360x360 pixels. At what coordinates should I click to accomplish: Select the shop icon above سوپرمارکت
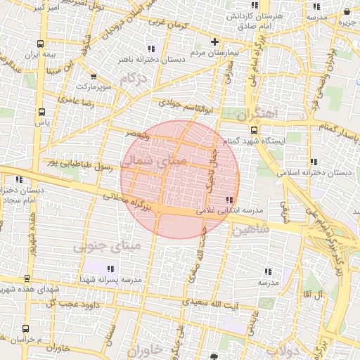click(x=94, y=77)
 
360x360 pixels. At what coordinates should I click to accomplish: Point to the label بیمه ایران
click(x=40, y=55)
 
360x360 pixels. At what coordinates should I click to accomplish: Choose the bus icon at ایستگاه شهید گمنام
click(x=254, y=130)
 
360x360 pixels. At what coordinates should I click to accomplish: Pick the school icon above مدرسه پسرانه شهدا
click(x=111, y=269)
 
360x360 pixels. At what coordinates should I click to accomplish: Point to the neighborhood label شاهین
click(x=250, y=229)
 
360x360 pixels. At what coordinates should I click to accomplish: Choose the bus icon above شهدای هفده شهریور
click(x=27, y=278)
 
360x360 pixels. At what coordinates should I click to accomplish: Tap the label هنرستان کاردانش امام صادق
click(x=265, y=20)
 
